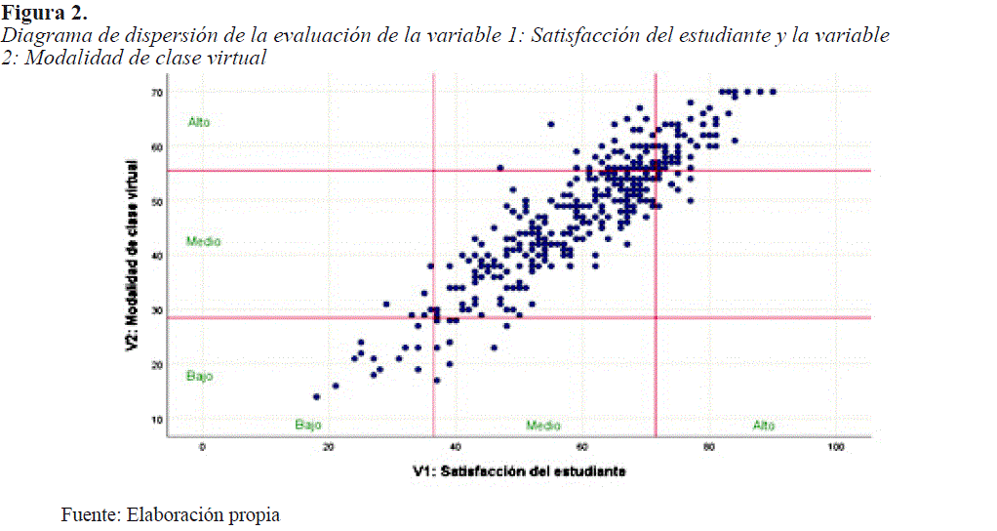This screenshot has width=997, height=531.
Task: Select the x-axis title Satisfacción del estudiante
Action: click(x=519, y=471)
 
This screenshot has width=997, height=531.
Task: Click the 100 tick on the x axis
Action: click(x=835, y=447)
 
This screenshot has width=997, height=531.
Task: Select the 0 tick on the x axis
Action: click(x=202, y=447)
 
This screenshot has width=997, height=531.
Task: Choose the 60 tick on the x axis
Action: click(x=581, y=447)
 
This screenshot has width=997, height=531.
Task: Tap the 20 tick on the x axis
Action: click(x=329, y=447)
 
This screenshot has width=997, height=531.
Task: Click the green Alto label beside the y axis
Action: click(x=199, y=123)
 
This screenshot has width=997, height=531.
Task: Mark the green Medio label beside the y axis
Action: click(x=203, y=241)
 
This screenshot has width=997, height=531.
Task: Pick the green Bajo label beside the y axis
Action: click(x=199, y=376)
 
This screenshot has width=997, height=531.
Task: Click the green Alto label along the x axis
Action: click(x=764, y=426)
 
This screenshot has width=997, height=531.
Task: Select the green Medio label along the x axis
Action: click(x=543, y=426)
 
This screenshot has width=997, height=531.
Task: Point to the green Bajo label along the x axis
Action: click(x=308, y=426)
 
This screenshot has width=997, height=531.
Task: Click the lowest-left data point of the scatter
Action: click(x=316, y=396)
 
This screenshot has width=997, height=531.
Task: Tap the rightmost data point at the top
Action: click(x=773, y=92)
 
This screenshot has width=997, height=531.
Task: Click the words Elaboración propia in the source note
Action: click(x=203, y=514)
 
